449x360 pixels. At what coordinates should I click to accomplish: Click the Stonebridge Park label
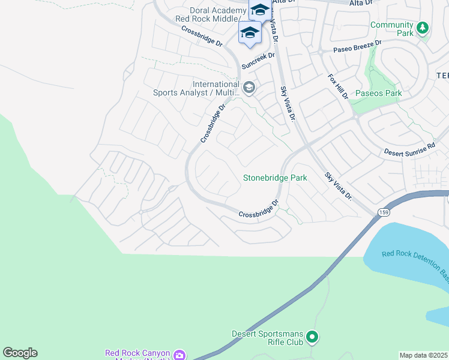point(275,178)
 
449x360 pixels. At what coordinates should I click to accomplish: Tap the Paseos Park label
point(378,93)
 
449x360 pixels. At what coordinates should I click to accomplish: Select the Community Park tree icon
point(423,28)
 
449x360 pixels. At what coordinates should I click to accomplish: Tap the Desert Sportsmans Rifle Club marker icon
point(312,338)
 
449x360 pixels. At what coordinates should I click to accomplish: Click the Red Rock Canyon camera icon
point(179,355)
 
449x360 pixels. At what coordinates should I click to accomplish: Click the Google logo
point(20,353)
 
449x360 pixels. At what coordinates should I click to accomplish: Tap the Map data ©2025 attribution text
point(424,355)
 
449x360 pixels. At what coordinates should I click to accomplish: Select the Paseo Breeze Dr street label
point(358,47)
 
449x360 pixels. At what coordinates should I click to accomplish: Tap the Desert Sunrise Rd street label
point(409,149)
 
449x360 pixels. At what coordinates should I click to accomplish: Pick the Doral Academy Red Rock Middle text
point(209,14)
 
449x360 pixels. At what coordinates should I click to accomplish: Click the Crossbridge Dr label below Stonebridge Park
point(259,210)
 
